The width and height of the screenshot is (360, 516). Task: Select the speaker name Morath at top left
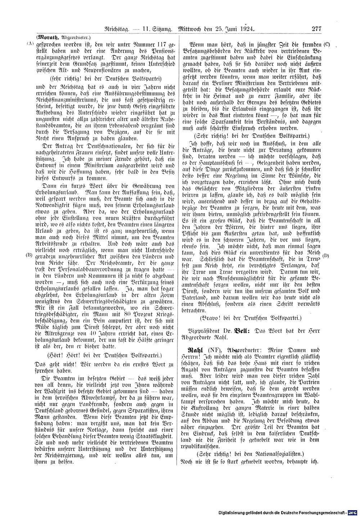coord(48,37)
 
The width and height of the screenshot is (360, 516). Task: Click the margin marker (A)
coord(30,44)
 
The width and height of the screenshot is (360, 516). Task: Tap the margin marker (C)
coord(327,45)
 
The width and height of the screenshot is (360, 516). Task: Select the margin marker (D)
coord(327,256)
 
